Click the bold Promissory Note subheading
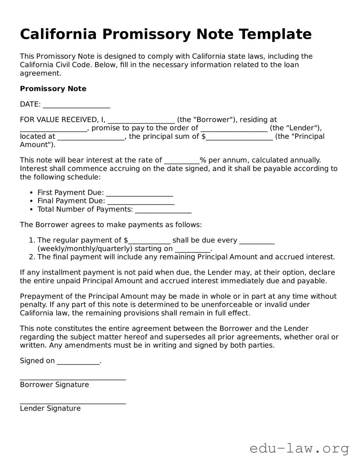(53, 89)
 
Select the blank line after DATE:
(76, 105)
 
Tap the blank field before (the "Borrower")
(141, 121)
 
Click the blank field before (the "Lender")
(234, 129)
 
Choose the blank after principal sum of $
(239, 137)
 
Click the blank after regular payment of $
(149, 241)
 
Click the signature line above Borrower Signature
(73, 379)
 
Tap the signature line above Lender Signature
(73, 403)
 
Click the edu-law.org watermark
(299, 448)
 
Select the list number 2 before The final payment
(31, 257)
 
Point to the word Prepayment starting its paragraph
(38, 296)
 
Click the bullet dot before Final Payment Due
(31, 201)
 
